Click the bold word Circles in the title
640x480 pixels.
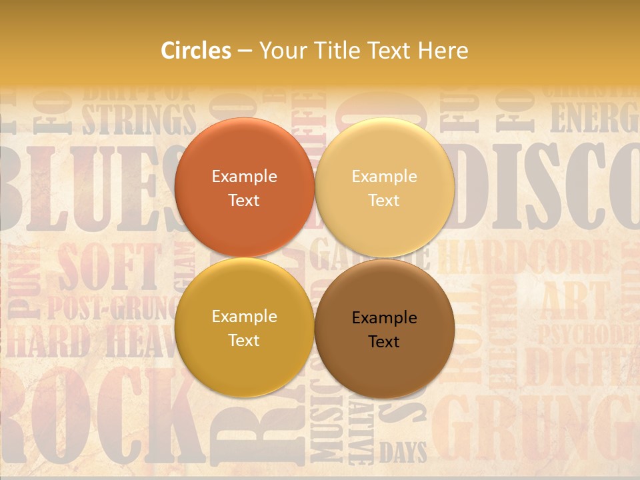(196, 51)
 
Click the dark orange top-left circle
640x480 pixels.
(244, 187)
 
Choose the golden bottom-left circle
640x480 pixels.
(244, 327)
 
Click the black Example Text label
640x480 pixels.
(385, 329)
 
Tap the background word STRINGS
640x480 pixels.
(139, 119)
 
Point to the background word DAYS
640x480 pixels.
(403, 453)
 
